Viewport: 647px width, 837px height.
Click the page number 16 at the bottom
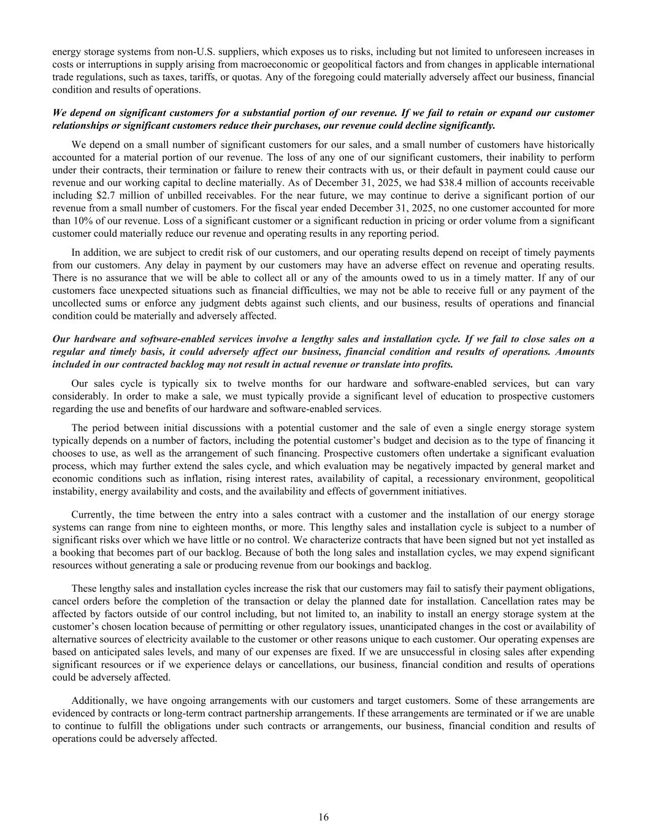(x=323, y=817)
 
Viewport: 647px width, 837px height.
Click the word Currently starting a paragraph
(x=92, y=514)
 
